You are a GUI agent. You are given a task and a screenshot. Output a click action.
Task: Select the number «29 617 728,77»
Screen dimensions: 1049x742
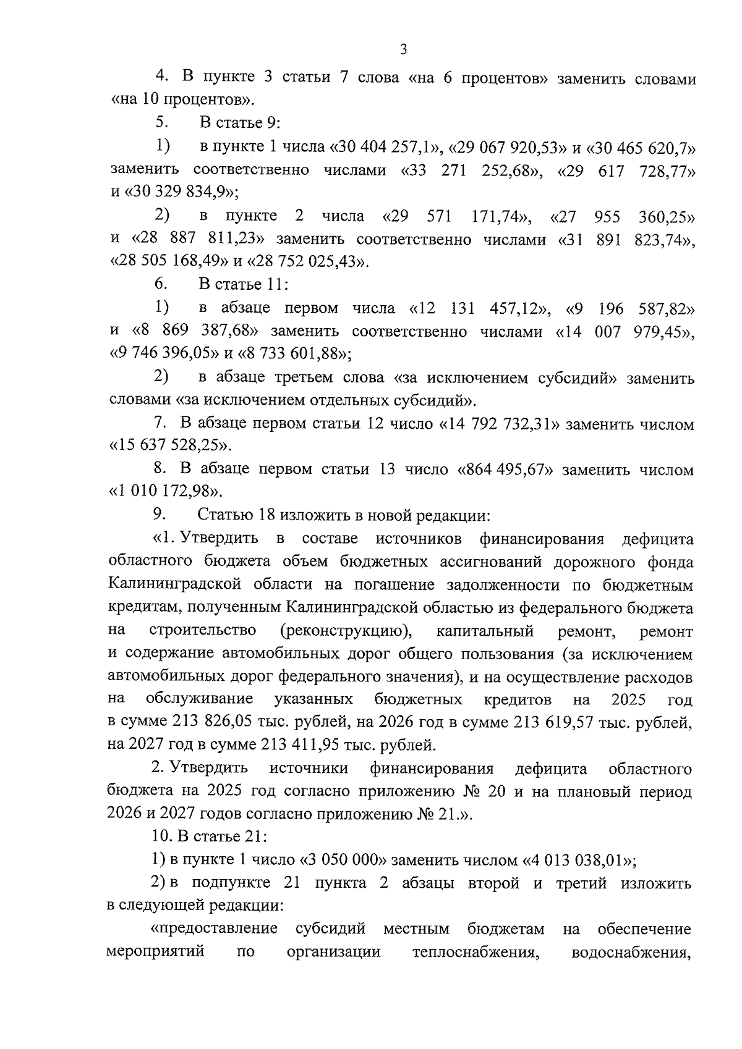pos(625,170)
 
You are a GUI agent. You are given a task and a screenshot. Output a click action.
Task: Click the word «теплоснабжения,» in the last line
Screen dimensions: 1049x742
pos(474,952)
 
